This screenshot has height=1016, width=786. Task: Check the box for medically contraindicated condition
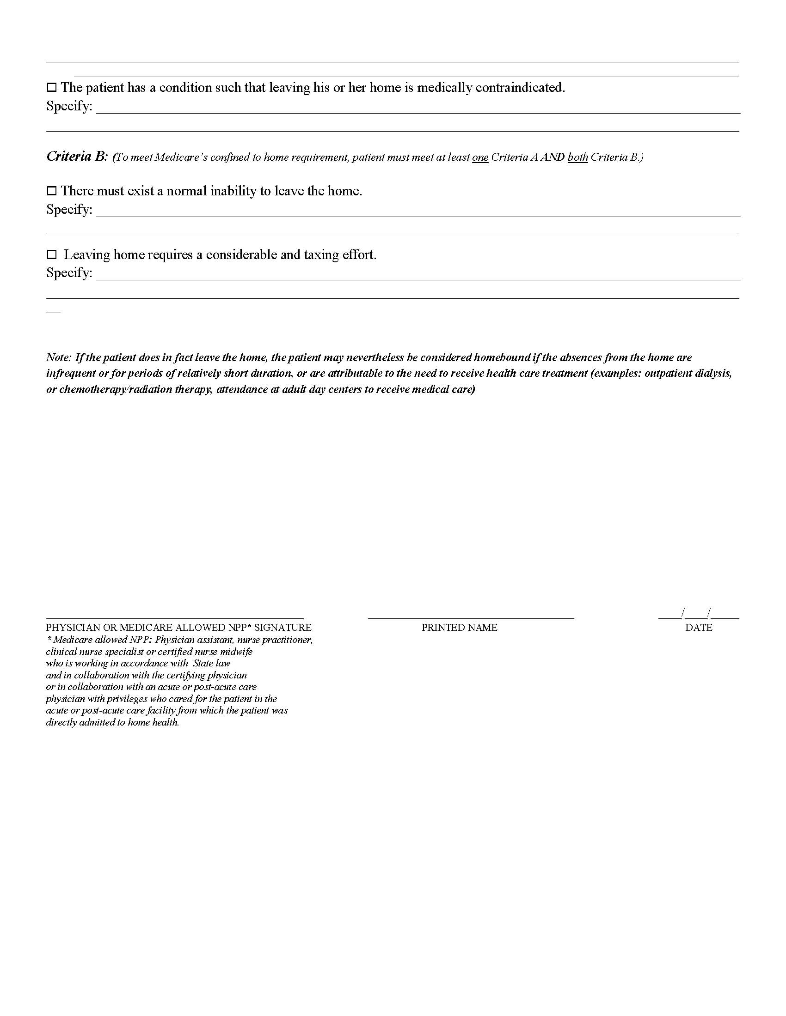[x=51, y=87]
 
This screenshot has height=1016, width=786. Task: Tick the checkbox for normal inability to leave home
[x=51, y=191]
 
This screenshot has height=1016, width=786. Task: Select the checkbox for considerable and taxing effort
[x=51, y=254]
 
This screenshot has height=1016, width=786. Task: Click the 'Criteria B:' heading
[x=77, y=156]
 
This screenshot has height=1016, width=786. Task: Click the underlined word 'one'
[x=480, y=157]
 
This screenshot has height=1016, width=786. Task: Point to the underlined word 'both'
[x=577, y=157]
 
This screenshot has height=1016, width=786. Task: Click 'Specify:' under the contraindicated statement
[x=69, y=106]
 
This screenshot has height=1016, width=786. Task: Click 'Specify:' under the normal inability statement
[x=69, y=209]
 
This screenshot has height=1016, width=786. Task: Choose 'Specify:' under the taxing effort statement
[x=69, y=272]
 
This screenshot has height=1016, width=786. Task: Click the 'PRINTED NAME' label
[x=459, y=628]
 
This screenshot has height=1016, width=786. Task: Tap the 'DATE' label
[x=699, y=628]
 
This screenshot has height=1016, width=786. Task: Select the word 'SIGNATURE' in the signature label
[x=282, y=628]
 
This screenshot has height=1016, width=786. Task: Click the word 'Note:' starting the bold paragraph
[x=59, y=357]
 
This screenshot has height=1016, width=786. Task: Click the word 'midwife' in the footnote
[x=238, y=652]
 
